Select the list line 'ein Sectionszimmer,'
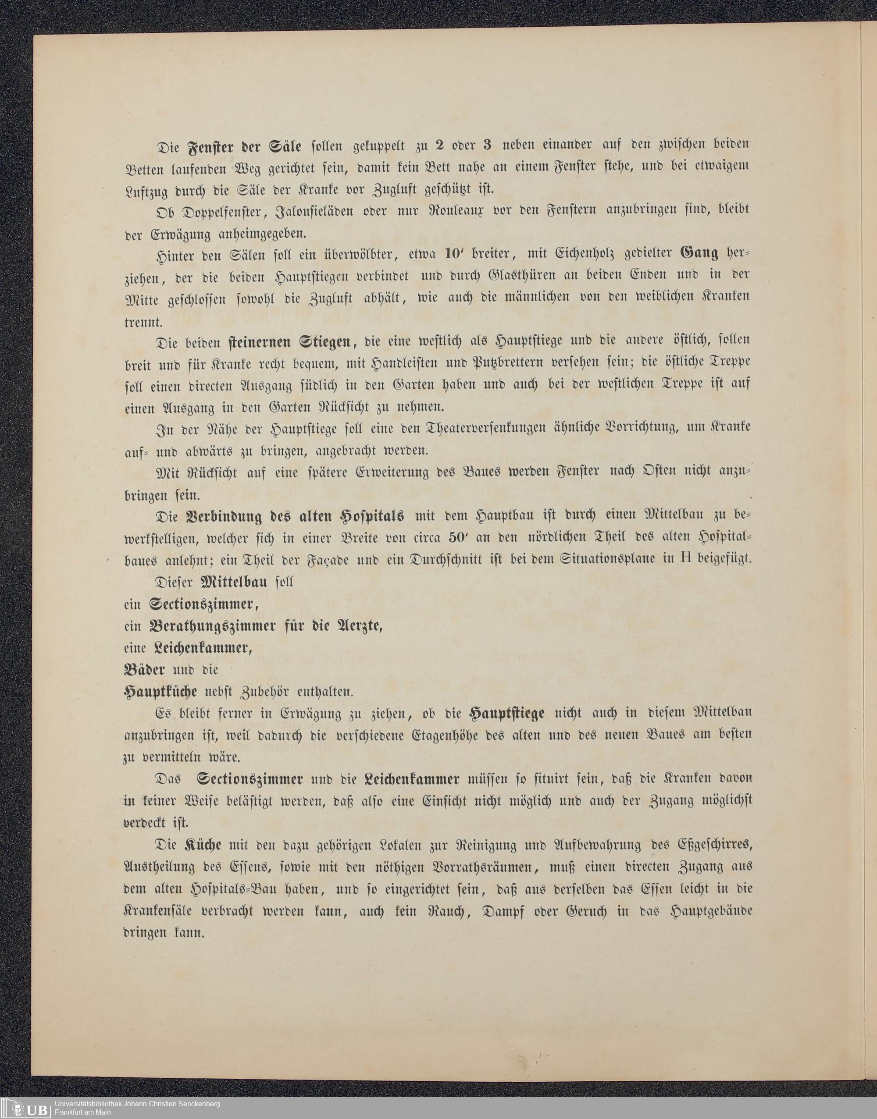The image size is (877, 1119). tap(191, 604)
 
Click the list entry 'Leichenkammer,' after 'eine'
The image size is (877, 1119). tap(203, 648)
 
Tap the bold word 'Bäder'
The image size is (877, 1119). tap(144, 670)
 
